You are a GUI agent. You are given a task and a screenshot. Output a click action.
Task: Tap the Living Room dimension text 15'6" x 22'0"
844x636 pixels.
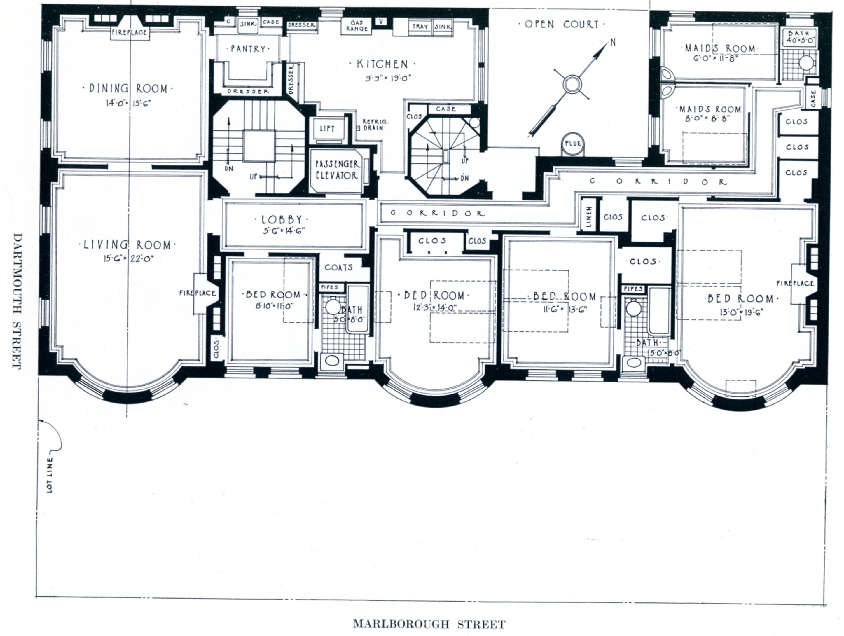coord(127,259)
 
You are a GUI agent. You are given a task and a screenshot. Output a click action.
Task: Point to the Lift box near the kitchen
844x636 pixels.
coord(327,129)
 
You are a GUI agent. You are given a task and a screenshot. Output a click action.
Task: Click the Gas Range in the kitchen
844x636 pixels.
coord(357,26)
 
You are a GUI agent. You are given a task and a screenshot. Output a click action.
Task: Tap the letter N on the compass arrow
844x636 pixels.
coord(613,42)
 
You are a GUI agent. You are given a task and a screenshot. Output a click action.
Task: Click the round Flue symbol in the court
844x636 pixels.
coord(573,144)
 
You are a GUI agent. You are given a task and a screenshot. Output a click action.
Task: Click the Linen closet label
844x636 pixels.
coord(589,217)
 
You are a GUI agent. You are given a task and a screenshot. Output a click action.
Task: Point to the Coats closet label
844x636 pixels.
coord(338,268)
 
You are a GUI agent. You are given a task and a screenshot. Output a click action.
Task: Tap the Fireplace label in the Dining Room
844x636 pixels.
coord(129,32)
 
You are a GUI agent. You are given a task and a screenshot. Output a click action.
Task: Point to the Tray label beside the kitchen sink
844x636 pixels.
coord(420,27)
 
